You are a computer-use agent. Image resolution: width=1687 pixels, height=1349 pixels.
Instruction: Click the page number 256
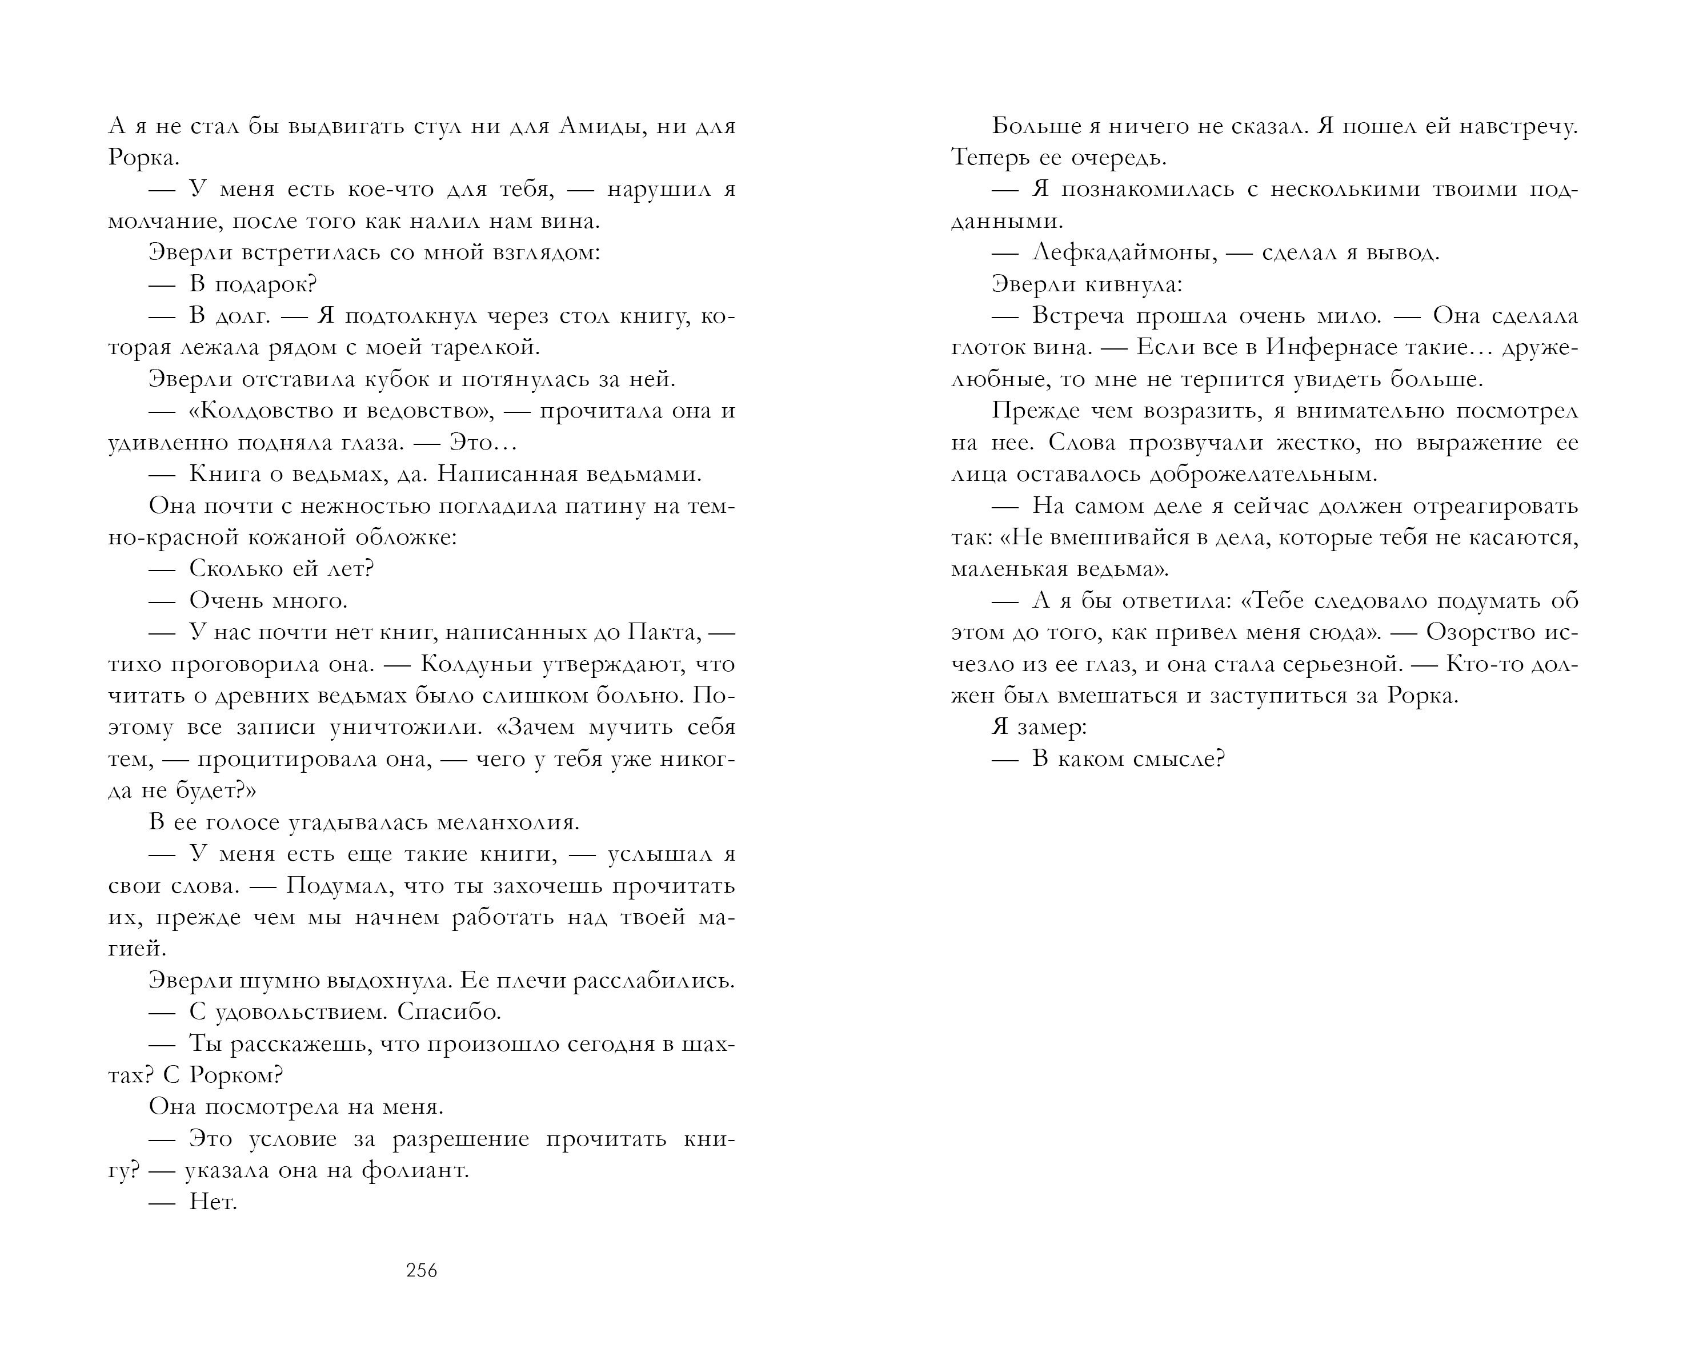coord(422,1271)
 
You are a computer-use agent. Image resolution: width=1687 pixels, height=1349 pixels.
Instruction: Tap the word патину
coord(604,506)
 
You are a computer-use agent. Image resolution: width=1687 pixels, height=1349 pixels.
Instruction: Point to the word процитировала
coord(314,758)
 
